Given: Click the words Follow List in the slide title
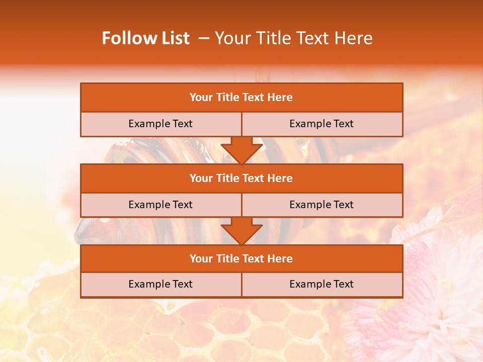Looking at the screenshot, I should [146, 38].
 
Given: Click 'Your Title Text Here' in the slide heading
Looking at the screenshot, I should [294, 38].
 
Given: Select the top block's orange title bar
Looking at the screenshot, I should [242, 98].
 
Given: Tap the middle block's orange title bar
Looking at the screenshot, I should [242, 178].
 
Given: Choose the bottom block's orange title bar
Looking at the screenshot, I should [242, 259].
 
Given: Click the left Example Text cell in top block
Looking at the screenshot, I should [160, 124].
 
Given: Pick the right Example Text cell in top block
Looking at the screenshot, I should [321, 124].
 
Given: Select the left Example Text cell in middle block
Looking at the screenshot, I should [160, 205].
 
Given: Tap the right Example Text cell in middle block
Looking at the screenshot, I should [321, 205].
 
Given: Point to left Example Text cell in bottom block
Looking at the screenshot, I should [160, 284].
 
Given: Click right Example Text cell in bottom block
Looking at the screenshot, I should [321, 284].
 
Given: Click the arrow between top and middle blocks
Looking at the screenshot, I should [242, 150].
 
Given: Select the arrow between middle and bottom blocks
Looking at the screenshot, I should [242, 231].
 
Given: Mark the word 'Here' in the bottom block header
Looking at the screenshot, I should [280, 259].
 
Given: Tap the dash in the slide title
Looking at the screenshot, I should [204, 38].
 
